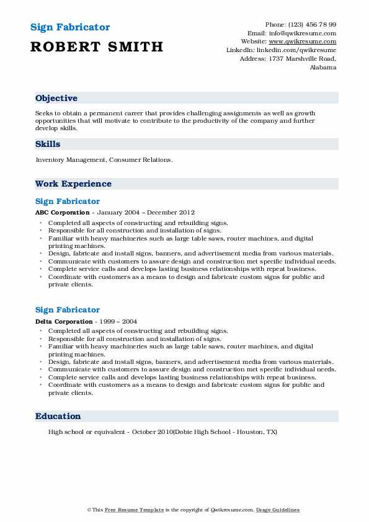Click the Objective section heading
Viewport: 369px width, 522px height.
pos(56,99)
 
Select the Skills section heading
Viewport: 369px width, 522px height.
pos(48,144)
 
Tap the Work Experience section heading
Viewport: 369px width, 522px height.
pos(73,184)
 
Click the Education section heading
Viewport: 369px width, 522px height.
pos(58,417)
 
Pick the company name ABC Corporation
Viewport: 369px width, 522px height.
pos(62,213)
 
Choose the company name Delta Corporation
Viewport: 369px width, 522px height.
pos(64,321)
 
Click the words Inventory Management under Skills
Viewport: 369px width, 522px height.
pos(71,160)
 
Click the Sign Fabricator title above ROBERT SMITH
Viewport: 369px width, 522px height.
pos(70,28)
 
